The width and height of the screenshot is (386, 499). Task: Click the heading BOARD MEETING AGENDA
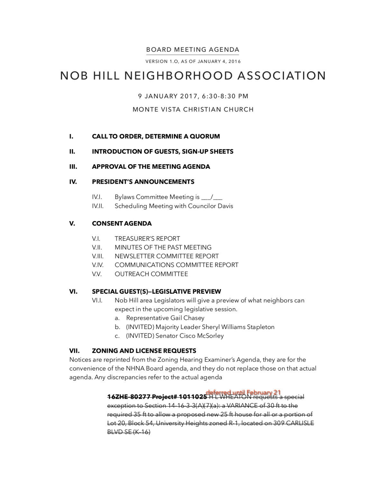(x=193, y=50)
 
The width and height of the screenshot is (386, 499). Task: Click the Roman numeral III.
(x=73, y=167)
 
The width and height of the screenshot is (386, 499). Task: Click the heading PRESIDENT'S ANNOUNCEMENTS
(x=143, y=182)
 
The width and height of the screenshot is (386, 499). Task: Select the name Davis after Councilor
(x=225, y=206)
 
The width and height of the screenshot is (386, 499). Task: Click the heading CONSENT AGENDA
(x=122, y=224)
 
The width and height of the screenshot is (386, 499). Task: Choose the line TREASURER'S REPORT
(x=147, y=239)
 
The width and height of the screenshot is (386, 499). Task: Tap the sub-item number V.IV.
(x=97, y=265)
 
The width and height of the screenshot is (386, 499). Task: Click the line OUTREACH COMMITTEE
(x=151, y=274)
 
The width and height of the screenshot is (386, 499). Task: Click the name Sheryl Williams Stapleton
(x=238, y=327)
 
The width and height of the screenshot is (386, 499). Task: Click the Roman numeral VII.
(x=74, y=351)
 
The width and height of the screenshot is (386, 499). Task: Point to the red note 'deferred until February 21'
(x=243, y=393)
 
